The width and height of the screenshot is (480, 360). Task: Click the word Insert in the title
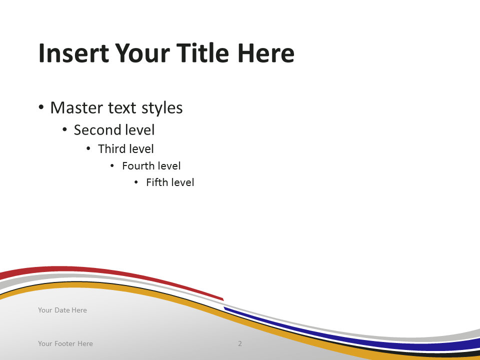click(73, 53)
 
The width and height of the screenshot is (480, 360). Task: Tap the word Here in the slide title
click(265, 53)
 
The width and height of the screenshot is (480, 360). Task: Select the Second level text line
click(114, 130)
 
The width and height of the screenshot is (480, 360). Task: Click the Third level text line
click(125, 149)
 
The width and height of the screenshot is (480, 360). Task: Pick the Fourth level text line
click(151, 165)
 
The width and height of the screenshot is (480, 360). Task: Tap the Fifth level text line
click(170, 182)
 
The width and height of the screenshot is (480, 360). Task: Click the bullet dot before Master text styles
click(41, 107)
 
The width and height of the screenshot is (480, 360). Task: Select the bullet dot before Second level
click(64, 130)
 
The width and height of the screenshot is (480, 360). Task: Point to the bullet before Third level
click(88, 149)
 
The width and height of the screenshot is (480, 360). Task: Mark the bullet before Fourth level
click(112, 165)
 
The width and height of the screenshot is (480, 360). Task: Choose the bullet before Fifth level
click(136, 182)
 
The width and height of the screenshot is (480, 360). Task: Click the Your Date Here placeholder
click(62, 310)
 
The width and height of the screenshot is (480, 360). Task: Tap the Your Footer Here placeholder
click(65, 343)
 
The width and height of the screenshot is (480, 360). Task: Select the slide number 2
click(240, 343)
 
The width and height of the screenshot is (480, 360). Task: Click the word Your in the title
click(142, 53)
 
